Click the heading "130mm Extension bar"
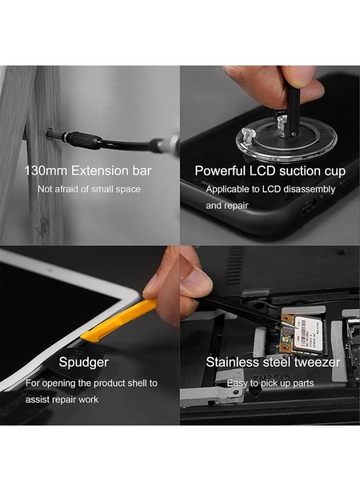click(x=88, y=171)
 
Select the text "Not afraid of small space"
click(x=89, y=189)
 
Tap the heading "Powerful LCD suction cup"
click(x=270, y=171)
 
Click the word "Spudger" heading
click(x=83, y=362)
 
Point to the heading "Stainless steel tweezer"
click(x=273, y=362)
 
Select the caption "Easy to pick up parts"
click(x=270, y=384)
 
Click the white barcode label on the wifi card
click(x=308, y=334)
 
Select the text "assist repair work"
click(x=62, y=399)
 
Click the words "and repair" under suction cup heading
click(x=227, y=206)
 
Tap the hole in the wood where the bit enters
click(x=49, y=134)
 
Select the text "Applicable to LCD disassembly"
click(x=271, y=189)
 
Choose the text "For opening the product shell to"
click(x=92, y=384)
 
